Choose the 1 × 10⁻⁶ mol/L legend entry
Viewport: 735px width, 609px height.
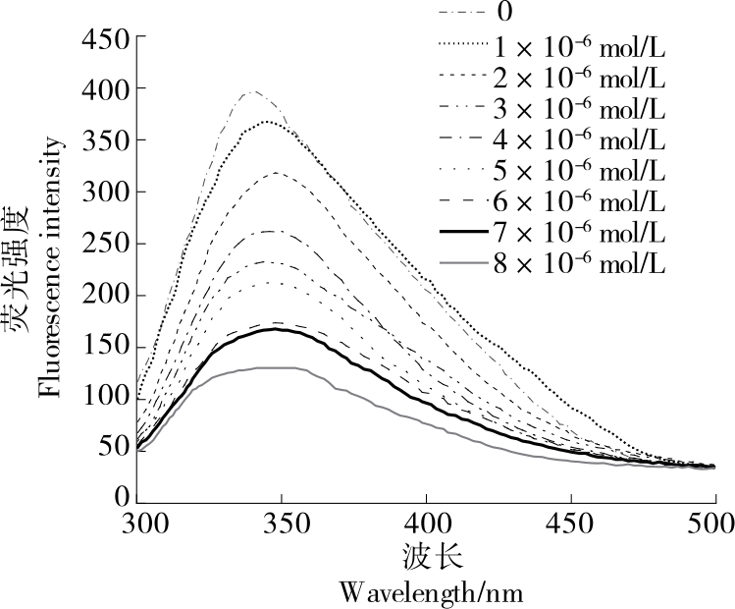(580, 45)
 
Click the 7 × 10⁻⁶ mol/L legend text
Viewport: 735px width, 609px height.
(580, 233)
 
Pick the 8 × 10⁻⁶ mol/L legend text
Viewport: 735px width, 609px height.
(580, 264)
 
